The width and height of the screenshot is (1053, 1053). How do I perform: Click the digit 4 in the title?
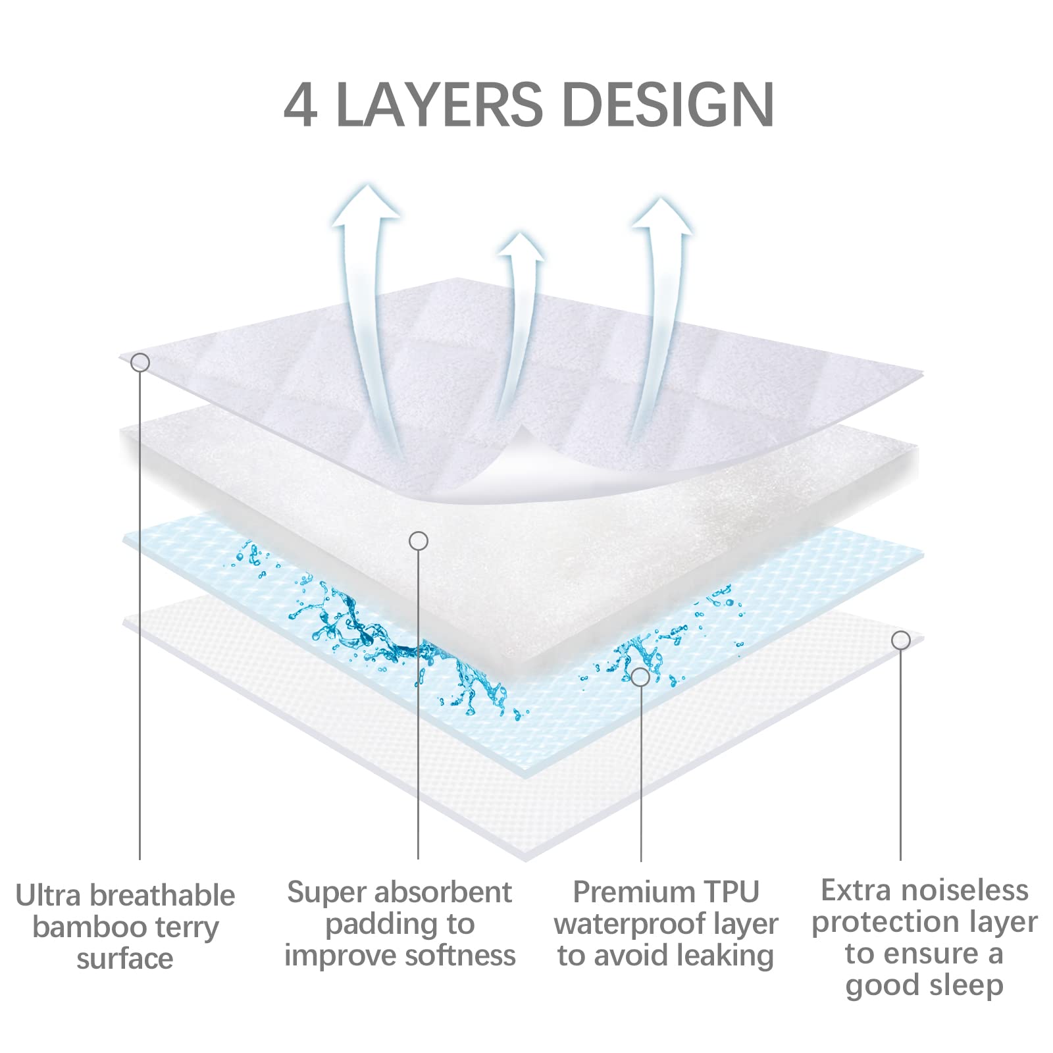pyautogui.click(x=301, y=105)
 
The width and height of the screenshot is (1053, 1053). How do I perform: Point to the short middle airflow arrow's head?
pyautogui.click(x=521, y=247)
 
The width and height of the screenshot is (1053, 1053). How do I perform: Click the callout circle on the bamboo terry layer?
pyautogui.click(x=140, y=363)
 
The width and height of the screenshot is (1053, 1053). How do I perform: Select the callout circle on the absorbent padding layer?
pyautogui.click(x=419, y=541)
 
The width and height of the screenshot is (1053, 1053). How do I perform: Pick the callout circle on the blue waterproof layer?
pyautogui.click(x=640, y=677)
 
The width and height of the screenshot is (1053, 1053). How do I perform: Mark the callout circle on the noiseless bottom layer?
pyautogui.click(x=900, y=640)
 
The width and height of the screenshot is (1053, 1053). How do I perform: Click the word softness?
pyautogui.click(x=460, y=956)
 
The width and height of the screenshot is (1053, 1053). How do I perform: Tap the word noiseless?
pyautogui.click(x=961, y=890)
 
